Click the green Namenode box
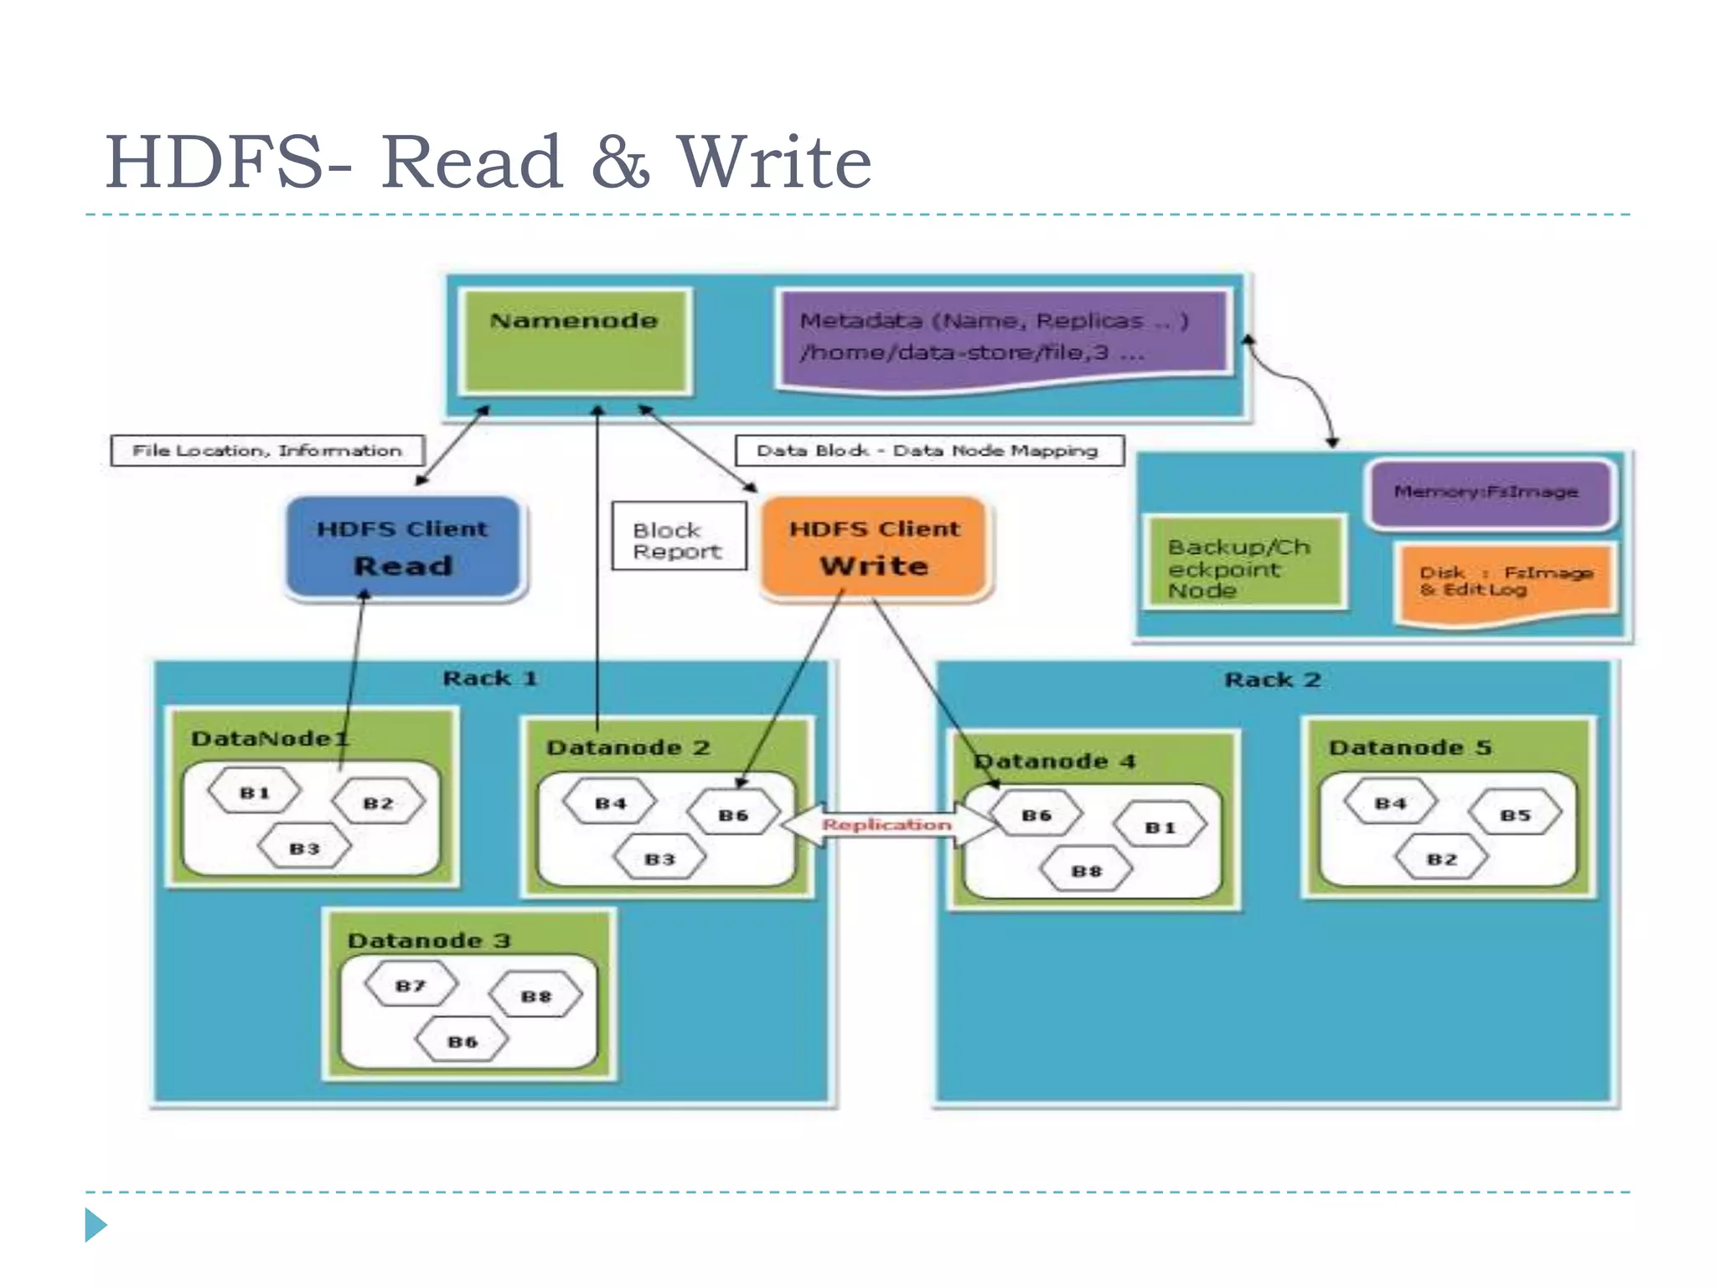click(575, 340)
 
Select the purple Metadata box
click(1002, 337)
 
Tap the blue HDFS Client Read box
click(403, 548)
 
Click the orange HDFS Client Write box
click(874, 548)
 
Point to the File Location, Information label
click(267, 451)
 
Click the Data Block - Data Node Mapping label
click(928, 451)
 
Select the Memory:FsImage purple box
click(1486, 493)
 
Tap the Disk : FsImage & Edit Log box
click(1505, 581)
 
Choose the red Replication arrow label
click(886, 825)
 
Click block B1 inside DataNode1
click(254, 793)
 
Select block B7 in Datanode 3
click(411, 985)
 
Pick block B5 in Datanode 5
click(1515, 814)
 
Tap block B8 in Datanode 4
click(1086, 871)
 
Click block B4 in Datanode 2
click(610, 803)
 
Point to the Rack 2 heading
click(1272, 680)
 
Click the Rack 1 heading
click(489, 678)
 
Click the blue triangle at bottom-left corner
click(95, 1225)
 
